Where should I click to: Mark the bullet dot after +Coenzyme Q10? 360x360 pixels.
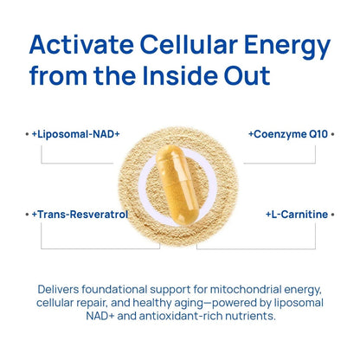tap(334, 135)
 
